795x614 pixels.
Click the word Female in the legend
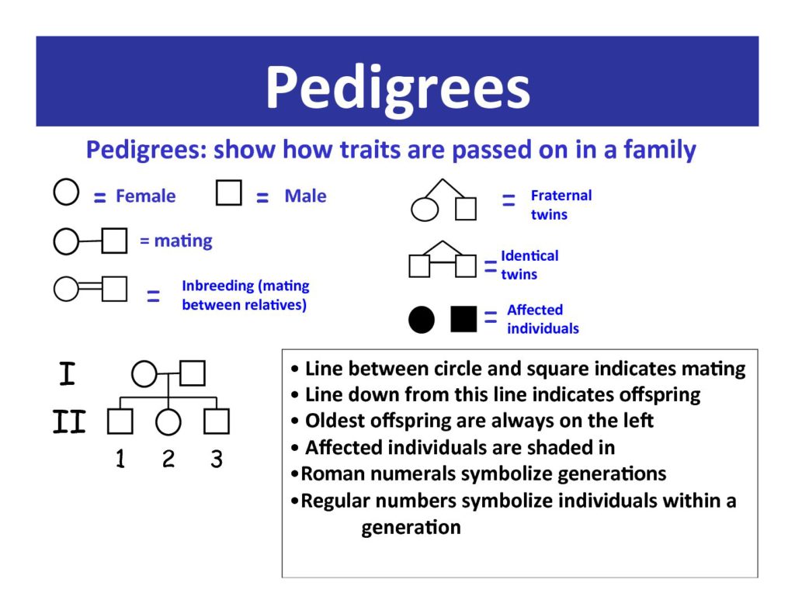(145, 196)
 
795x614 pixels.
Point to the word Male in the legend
(305, 196)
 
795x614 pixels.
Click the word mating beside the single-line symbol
(183, 241)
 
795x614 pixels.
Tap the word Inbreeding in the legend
(218, 286)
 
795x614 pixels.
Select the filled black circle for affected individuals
(422, 320)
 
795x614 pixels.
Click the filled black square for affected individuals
(463, 319)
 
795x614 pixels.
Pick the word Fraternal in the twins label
(561, 195)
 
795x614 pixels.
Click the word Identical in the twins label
(529, 255)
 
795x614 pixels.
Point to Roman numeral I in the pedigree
(67, 373)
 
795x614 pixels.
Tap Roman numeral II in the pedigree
(69, 421)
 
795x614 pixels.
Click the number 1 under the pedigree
(120, 459)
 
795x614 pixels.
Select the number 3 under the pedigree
(217, 459)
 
